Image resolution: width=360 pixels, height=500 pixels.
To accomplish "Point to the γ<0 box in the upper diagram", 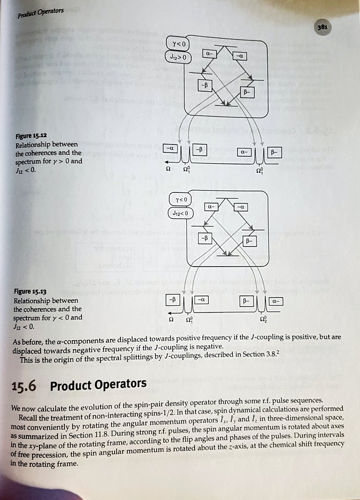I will click(x=175, y=44).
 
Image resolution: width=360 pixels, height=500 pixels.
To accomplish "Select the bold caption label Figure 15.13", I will click(x=30, y=291).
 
